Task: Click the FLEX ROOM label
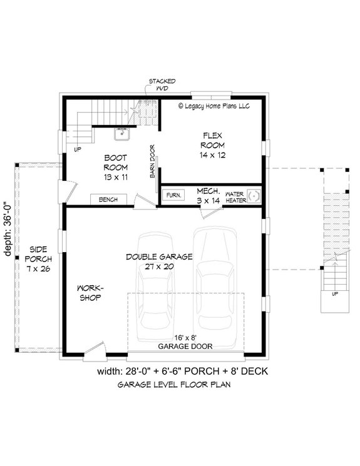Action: pos(210,144)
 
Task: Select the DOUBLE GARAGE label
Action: pos(158,261)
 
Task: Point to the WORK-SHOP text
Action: pos(90,293)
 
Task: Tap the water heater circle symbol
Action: pos(254,196)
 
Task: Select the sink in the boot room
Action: pos(121,133)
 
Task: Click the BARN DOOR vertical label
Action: pos(152,161)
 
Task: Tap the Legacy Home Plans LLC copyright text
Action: pos(213,106)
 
